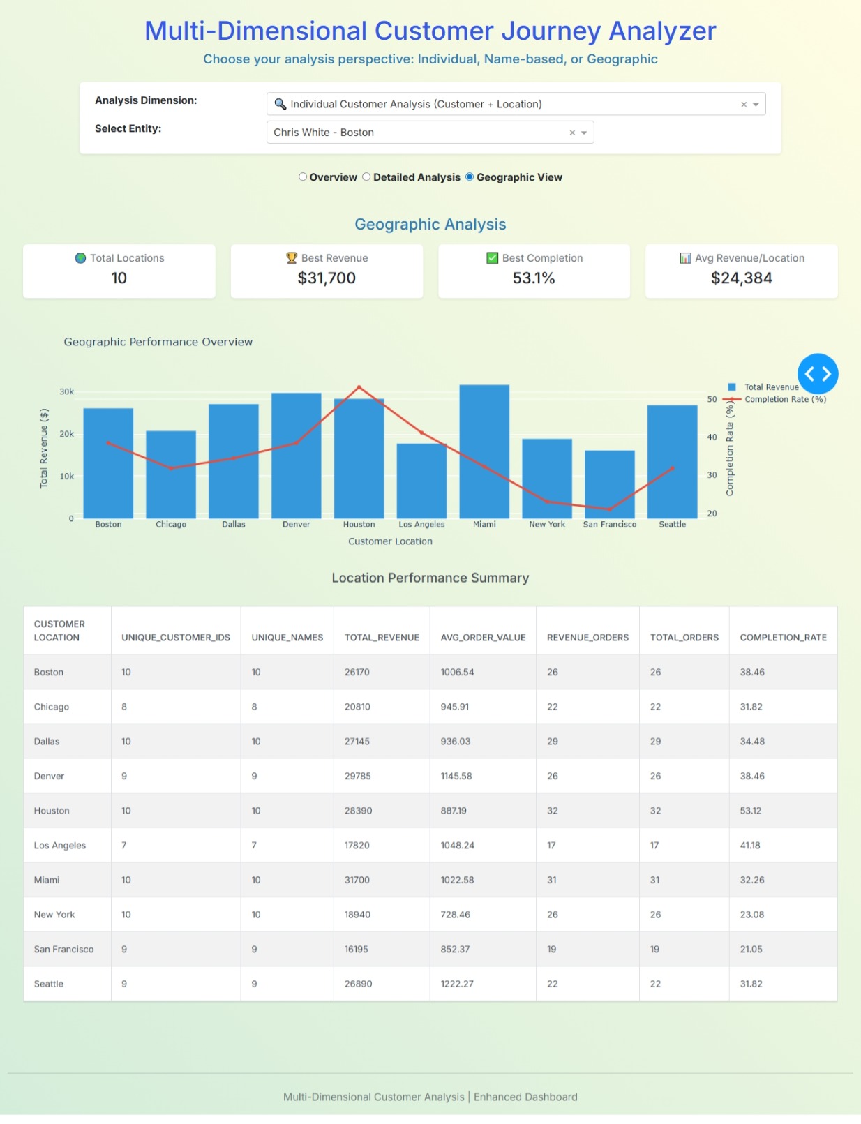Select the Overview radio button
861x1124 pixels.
click(x=303, y=177)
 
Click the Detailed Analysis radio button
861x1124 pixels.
click(x=366, y=177)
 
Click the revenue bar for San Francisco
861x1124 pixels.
click(x=609, y=484)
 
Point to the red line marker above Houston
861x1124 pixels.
click(x=359, y=387)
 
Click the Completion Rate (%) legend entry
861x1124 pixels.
click(x=784, y=400)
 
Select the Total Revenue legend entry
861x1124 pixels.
click(x=770, y=387)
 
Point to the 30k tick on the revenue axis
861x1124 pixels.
click(x=67, y=392)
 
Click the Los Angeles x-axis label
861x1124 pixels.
click(x=421, y=525)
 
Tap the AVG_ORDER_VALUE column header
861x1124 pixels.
click(x=483, y=638)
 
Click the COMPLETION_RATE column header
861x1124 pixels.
click(x=783, y=638)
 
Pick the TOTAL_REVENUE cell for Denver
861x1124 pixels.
click(x=357, y=777)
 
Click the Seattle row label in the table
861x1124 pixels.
click(x=49, y=984)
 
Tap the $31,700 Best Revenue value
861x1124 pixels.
click(x=327, y=278)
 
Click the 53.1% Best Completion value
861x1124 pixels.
click(x=534, y=278)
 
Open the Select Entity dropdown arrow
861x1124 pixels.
click(x=584, y=133)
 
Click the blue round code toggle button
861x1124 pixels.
click(x=818, y=374)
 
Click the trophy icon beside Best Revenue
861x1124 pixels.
click(x=292, y=258)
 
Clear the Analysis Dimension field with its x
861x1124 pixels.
click(x=744, y=105)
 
